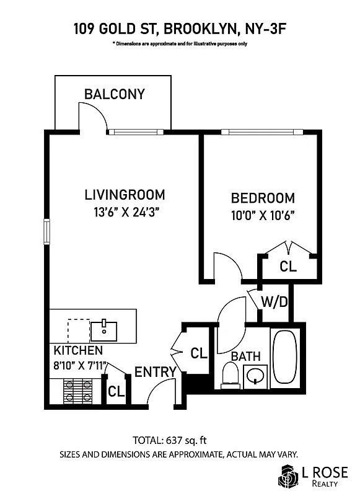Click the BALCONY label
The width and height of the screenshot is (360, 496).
114,94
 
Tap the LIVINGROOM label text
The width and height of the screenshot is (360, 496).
125,195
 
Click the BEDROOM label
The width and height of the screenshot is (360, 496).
263,198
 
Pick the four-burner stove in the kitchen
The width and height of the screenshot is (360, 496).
79,391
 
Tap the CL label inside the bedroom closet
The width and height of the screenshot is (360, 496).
288,267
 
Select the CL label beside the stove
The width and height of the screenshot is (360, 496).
116,392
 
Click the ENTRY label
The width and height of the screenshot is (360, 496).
156,372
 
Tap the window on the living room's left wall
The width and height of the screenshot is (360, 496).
46,231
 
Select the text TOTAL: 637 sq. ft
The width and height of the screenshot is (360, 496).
169,441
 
